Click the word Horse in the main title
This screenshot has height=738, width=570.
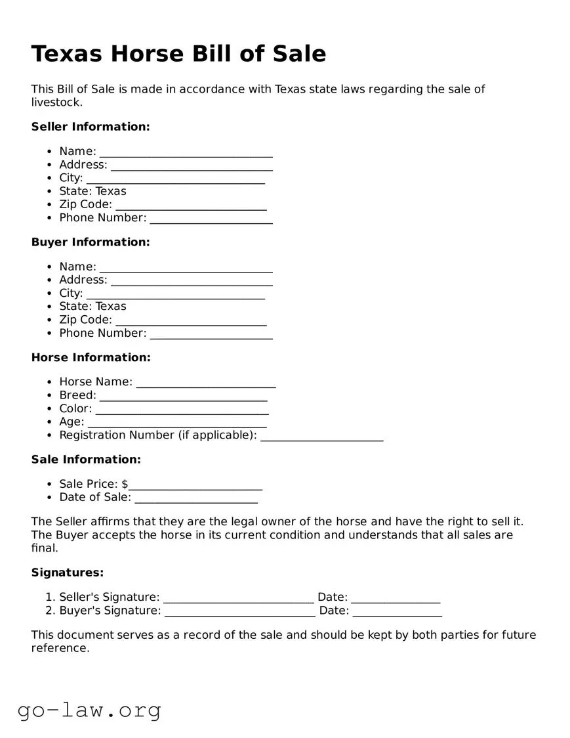(145, 54)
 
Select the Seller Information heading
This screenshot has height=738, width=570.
(91, 127)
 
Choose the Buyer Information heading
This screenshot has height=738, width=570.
(91, 242)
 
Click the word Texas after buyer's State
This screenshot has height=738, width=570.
(111, 307)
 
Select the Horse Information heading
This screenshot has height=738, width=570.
(91, 358)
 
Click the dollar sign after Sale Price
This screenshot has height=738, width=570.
(125, 485)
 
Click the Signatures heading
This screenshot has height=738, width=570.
(68, 573)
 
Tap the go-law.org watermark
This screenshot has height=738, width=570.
(89, 710)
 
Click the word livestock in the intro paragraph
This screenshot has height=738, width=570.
(56, 102)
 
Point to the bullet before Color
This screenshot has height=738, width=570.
(51, 409)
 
